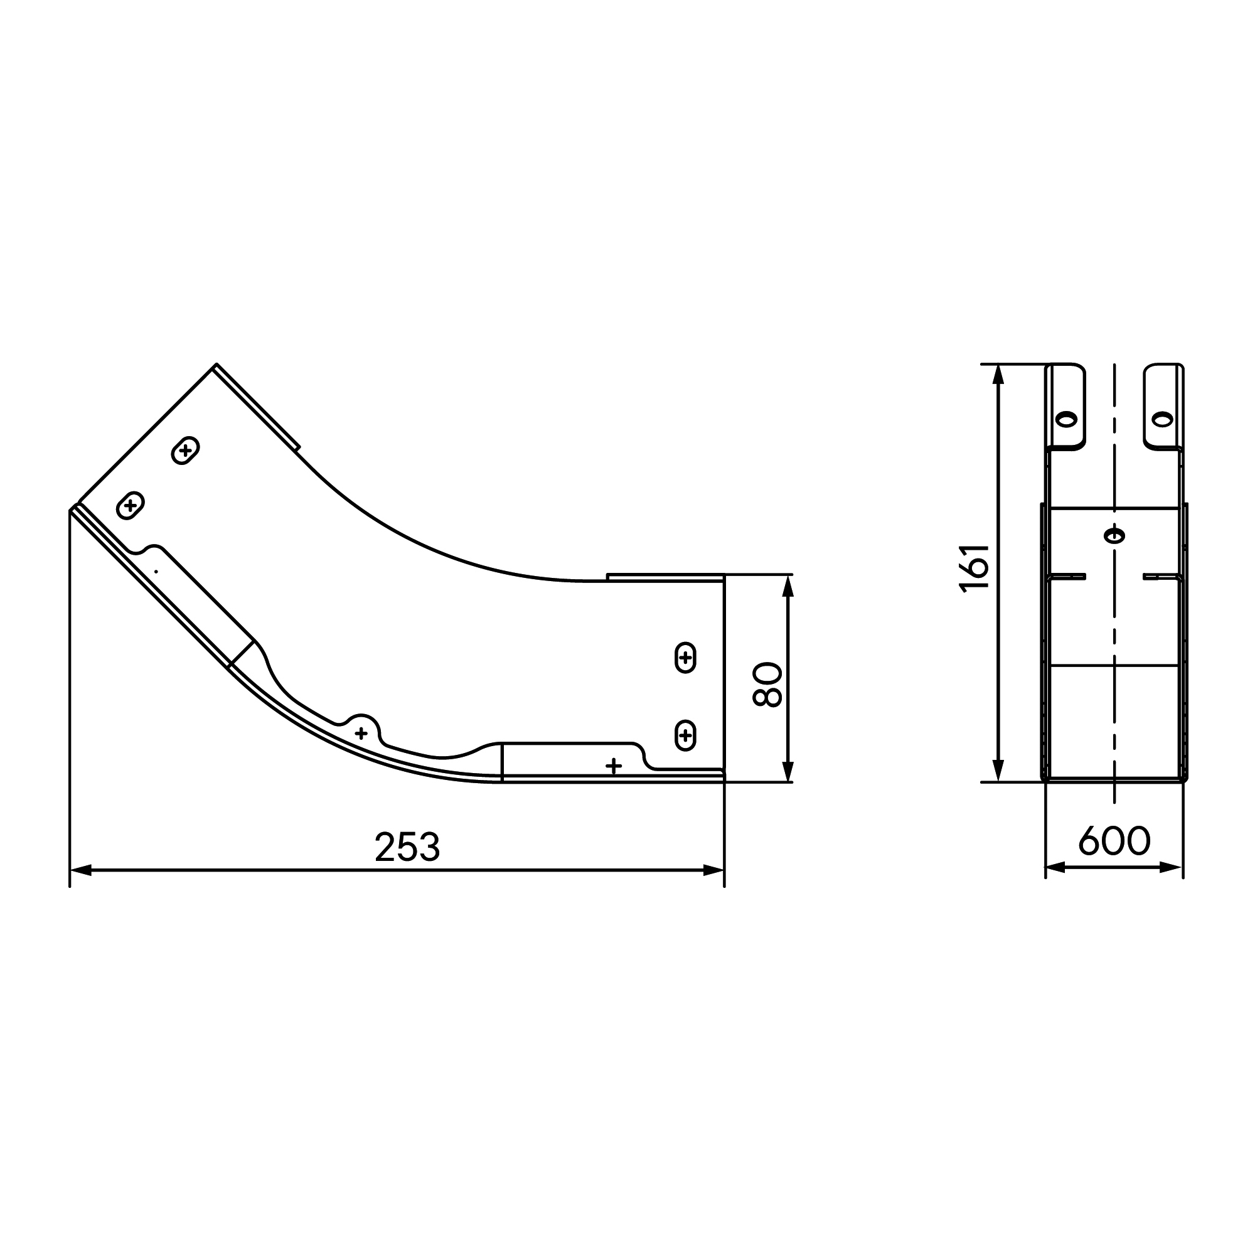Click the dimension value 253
tap(407, 847)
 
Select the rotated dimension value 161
tap(975, 568)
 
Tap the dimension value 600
tap(1114, 841)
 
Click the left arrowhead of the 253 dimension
tap(80, 870)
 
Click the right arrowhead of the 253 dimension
tap(714, 870)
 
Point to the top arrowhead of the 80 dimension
tap(788, 585)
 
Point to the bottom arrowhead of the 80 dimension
tap(788, 772)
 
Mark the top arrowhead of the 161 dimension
tap(999, 374)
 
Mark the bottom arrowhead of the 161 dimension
tap(999, 772)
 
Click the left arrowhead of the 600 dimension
tap(1055, 867)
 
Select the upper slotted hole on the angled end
tap(185, 450)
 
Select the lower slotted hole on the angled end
tap(131, 505)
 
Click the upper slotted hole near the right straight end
tap(685, 658)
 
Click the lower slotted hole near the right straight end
tap(685, 735)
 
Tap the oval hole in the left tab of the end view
tap(1066, 419)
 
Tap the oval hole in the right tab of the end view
tap(1162, 419)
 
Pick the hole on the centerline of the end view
tap(1114, 536)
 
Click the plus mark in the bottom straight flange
tap(613, 766)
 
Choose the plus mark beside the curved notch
tap(361, 734)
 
